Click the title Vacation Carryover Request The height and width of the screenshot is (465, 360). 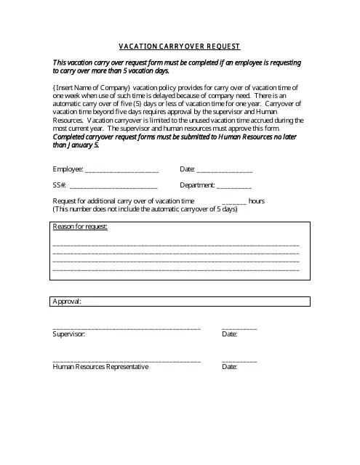(x=180, y=46)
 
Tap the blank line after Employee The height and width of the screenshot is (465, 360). (x=121, y=171)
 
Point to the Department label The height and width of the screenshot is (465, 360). (x=197, y=185)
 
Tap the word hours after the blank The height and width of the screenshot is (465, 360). (x=256, y=201)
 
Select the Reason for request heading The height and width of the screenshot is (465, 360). (x=80, y=227)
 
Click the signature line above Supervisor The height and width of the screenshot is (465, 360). (x=127, y=328)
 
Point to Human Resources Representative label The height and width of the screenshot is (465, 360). (x=100, y=367)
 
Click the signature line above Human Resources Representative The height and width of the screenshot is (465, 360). (x=127, y=361)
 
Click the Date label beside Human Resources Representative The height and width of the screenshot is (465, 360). (x=229, y=367)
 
